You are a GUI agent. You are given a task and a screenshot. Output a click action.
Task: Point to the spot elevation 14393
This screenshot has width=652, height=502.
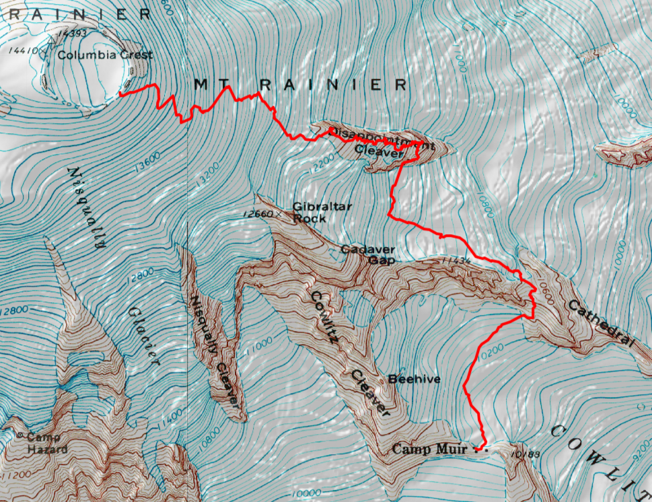click(x=69, y=32)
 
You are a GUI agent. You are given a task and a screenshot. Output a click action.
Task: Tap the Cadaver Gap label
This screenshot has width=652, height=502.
click(x=367, y=254)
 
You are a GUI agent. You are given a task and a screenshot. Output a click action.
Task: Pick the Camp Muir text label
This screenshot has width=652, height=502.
click(x=430, y=448)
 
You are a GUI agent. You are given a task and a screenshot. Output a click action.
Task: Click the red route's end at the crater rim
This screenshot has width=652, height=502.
click(x=121, y=95)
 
